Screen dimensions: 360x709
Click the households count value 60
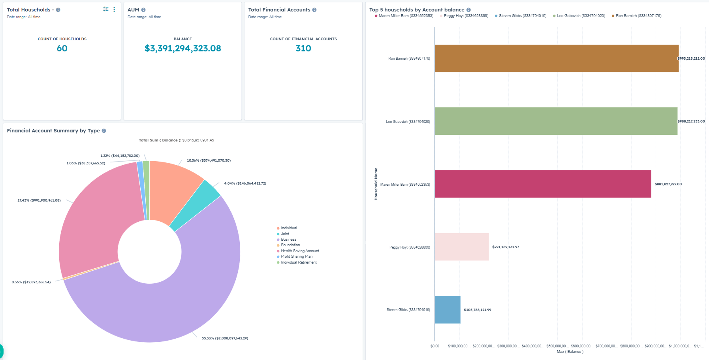point(62,48)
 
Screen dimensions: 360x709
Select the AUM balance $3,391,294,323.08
point(182,48)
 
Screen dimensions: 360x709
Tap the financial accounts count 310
point(303,48)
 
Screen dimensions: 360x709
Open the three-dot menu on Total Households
point(114,9)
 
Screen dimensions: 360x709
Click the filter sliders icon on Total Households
point(105,9)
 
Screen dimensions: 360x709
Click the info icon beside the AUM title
point(143,10)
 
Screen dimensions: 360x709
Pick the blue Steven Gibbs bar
point(447,309)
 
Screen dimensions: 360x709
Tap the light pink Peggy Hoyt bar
point(461,247)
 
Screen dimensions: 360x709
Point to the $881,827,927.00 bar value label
point(668,184)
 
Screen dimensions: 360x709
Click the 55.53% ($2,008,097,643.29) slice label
point(225,338)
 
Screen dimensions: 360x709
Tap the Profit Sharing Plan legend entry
point(296,256)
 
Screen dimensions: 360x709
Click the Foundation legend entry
point(290,245)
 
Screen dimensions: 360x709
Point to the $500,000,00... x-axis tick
point(557,346)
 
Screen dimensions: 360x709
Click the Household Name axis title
point(376,184)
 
